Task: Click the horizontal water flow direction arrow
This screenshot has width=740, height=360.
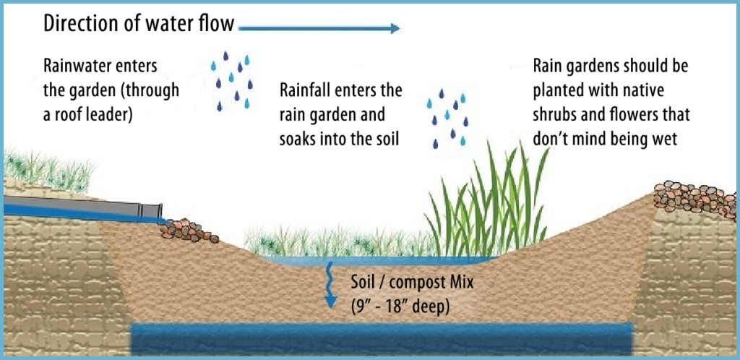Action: pos(318,29)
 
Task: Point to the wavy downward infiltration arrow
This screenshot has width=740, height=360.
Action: pos(330,286)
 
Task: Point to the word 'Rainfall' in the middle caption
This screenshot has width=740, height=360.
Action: pos(305,92)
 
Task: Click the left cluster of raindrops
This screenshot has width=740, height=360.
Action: pos(232,80)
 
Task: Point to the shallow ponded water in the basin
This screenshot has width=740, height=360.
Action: pos(376,259)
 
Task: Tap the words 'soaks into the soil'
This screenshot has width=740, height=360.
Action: pos(340,138)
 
